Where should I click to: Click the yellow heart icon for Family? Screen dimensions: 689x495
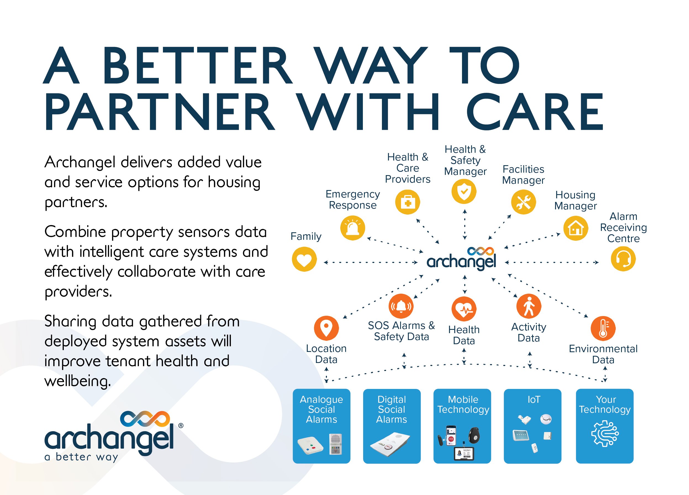(304, 259)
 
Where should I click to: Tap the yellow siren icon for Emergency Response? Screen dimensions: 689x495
(352, 228)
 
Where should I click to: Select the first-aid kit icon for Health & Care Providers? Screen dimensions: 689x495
(407, 202)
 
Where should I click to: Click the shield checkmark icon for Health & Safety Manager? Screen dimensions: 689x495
(464, 191)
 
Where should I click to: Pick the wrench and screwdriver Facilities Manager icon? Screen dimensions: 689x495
(523, 202)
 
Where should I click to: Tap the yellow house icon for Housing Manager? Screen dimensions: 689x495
(576, 228)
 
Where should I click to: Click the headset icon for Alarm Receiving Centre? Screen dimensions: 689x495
(623, 259)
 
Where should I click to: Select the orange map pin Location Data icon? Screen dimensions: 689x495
(326, 328)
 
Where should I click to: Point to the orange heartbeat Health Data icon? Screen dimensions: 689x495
(464, 309)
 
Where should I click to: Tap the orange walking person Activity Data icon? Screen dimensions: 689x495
(529, 306)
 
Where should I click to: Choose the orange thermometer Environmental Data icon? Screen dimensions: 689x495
(603, 328)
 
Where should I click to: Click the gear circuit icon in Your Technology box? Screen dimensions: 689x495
(604, 433)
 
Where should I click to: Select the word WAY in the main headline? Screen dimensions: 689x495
(371, 65)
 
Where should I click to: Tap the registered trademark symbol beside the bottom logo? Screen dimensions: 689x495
(181, 426)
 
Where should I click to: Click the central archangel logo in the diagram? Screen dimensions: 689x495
(461, 258)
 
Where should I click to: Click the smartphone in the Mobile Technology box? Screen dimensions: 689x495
(451, 435)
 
